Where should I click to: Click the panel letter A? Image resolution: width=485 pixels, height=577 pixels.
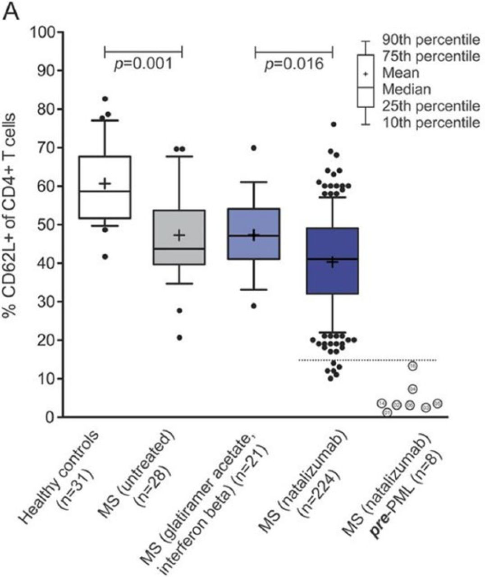pos(12,12)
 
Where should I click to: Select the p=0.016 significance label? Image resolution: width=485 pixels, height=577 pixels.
pos(294,64)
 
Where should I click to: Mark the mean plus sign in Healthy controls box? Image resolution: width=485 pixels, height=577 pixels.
pos(105,183)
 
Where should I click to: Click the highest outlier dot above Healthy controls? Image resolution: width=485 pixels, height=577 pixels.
pos(105,99)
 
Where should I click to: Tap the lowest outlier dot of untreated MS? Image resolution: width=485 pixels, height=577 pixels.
pos(179,338)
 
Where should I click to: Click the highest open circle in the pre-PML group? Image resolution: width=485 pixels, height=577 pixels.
pos(413,366)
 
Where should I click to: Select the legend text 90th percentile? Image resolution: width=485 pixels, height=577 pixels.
pos(431,40)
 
